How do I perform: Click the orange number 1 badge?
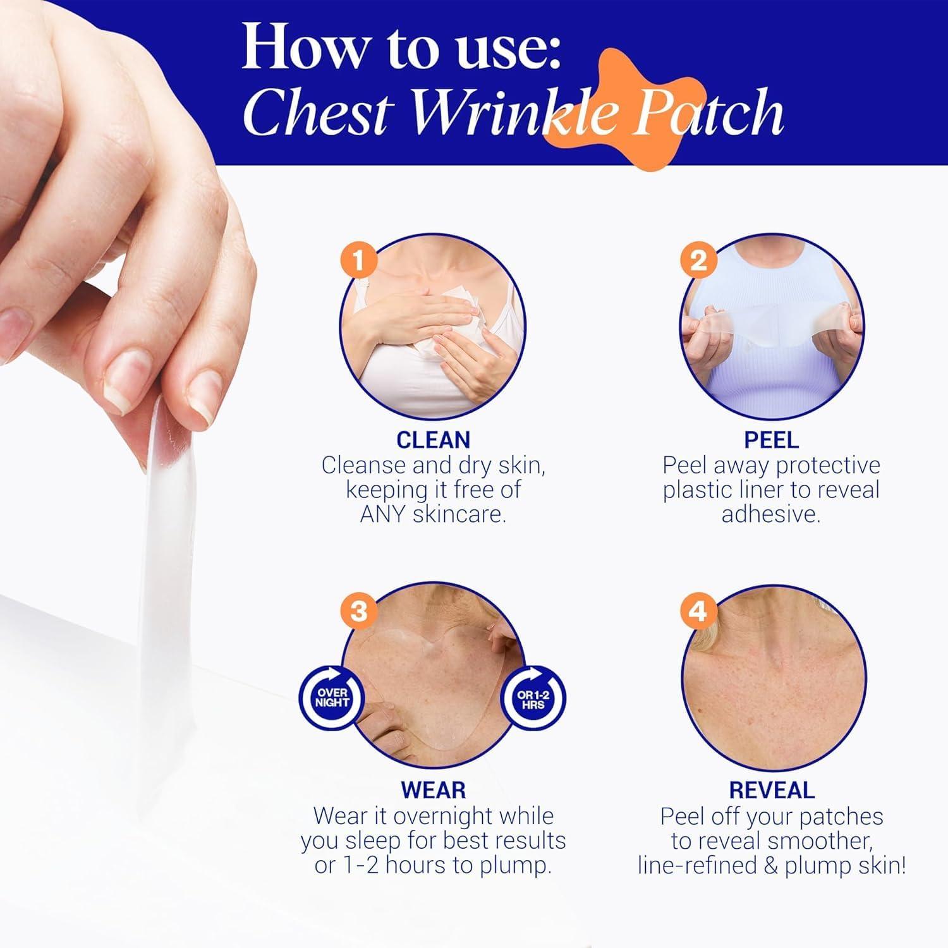[x=358, y=260]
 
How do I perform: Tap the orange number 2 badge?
[x=698, y=260]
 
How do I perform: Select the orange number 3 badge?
[x=358, y=611]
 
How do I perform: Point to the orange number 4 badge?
[x=698, y=611]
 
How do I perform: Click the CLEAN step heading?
[x=433, y=440]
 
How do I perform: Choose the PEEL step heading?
[x=771, y=440]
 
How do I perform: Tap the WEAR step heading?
[x=433, y=790]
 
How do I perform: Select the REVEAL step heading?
[x=771, y=790]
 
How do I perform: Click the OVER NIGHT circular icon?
[x=332, y=698]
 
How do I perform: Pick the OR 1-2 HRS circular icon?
[x=533, y=698]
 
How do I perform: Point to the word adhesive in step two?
[x=771, y=514]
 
